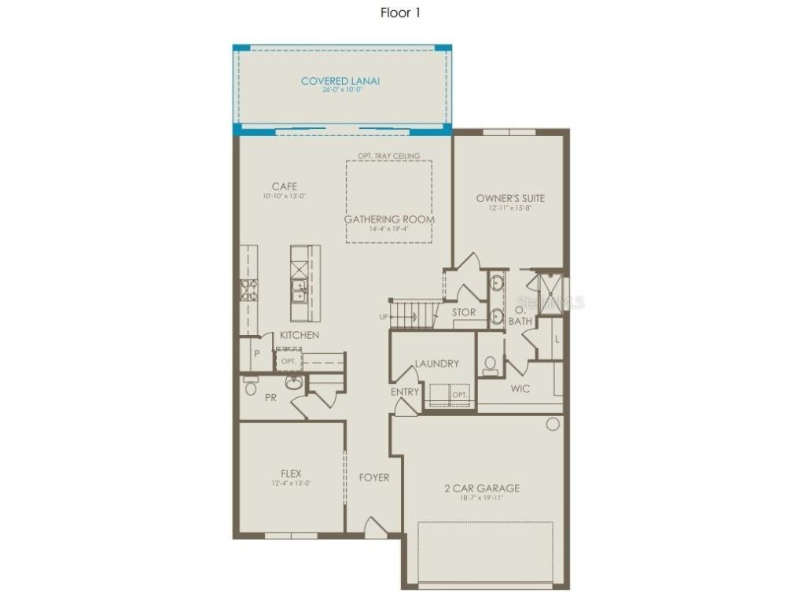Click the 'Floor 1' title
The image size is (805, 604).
[402, 13]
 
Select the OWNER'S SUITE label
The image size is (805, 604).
[510, 198]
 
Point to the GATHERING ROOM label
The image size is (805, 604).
[389, 219]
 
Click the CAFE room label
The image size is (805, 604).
[284, 186]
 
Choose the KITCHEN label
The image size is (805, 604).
[300, 335]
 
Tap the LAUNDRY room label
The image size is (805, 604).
[437, 363]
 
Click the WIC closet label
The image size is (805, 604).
[520, 389]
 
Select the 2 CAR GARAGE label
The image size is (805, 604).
[482, 488]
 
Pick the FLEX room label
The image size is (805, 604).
[291, 473]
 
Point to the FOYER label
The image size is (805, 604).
[374, 477]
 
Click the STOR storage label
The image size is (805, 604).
[464, 312]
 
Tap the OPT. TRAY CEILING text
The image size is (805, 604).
[389, 156]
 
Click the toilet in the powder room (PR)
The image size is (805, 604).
[251, 386]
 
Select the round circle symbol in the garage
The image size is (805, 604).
[553, 425]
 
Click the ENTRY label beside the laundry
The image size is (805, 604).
[405, 392]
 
